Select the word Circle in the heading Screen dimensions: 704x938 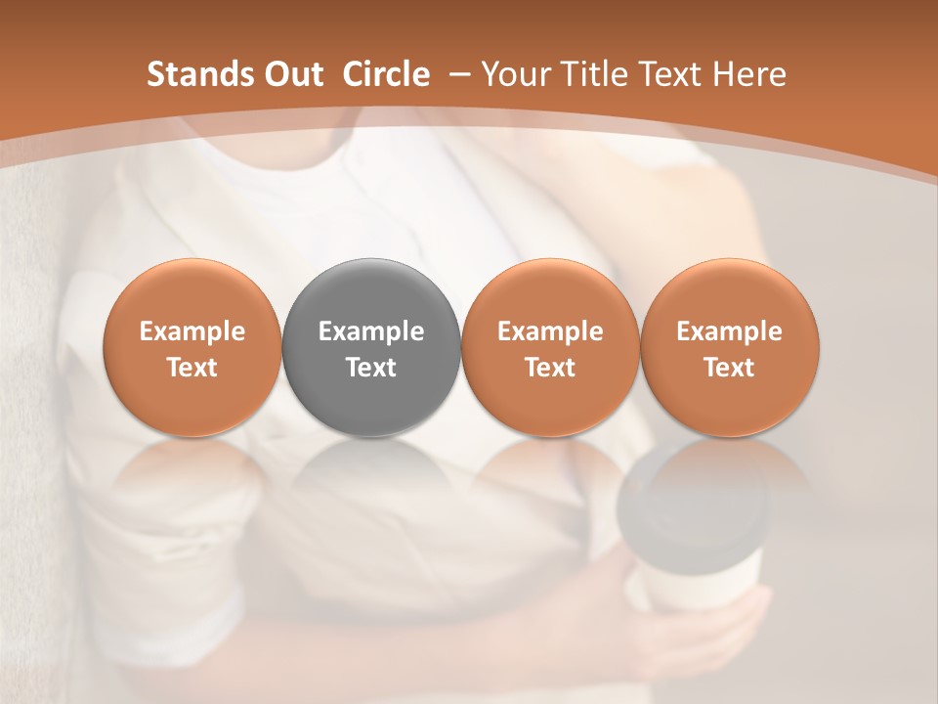tap(386, 74)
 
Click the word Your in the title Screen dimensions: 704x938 tap(513, 74)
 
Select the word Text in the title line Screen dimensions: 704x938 tap(663, 74)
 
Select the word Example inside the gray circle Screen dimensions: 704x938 tap(371, 331)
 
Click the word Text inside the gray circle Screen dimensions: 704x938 tap(371, 368)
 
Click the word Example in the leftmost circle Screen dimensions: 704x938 tap(192, 331)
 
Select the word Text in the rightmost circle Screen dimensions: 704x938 tap(730, 368)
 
